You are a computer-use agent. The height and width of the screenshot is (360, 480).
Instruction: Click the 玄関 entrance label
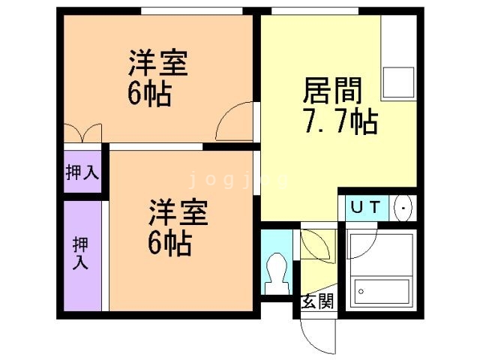click(317, 302)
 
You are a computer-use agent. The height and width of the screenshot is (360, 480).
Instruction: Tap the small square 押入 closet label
click(82, 173)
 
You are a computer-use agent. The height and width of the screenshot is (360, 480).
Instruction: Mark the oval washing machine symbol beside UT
click(403, 207)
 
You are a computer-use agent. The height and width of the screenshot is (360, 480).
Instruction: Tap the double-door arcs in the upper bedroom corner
click(82, 132)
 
